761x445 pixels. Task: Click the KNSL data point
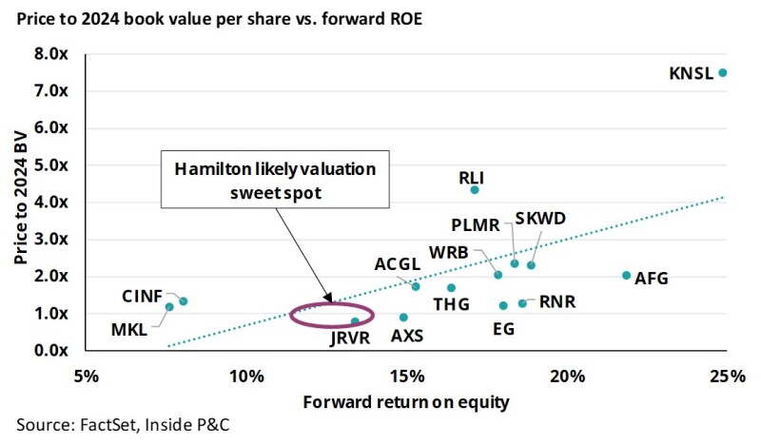tap(723, 72)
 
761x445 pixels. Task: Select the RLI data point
tap(475, 190)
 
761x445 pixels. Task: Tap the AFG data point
tap(626, 276)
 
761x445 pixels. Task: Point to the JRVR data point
tap(355, 321)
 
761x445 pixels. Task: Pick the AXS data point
tap(403, 318)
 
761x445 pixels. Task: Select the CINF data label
tap(142, 295)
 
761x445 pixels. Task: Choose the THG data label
tap(451, 305)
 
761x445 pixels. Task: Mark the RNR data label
tap(557, 303)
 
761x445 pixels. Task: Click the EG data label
tap(504, 329)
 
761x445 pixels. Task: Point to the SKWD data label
tap(540, 219)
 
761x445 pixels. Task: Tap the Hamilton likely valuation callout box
tap(275, 179)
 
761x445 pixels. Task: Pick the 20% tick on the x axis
tap(568, 377)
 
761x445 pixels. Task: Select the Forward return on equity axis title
tap(406, 401)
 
